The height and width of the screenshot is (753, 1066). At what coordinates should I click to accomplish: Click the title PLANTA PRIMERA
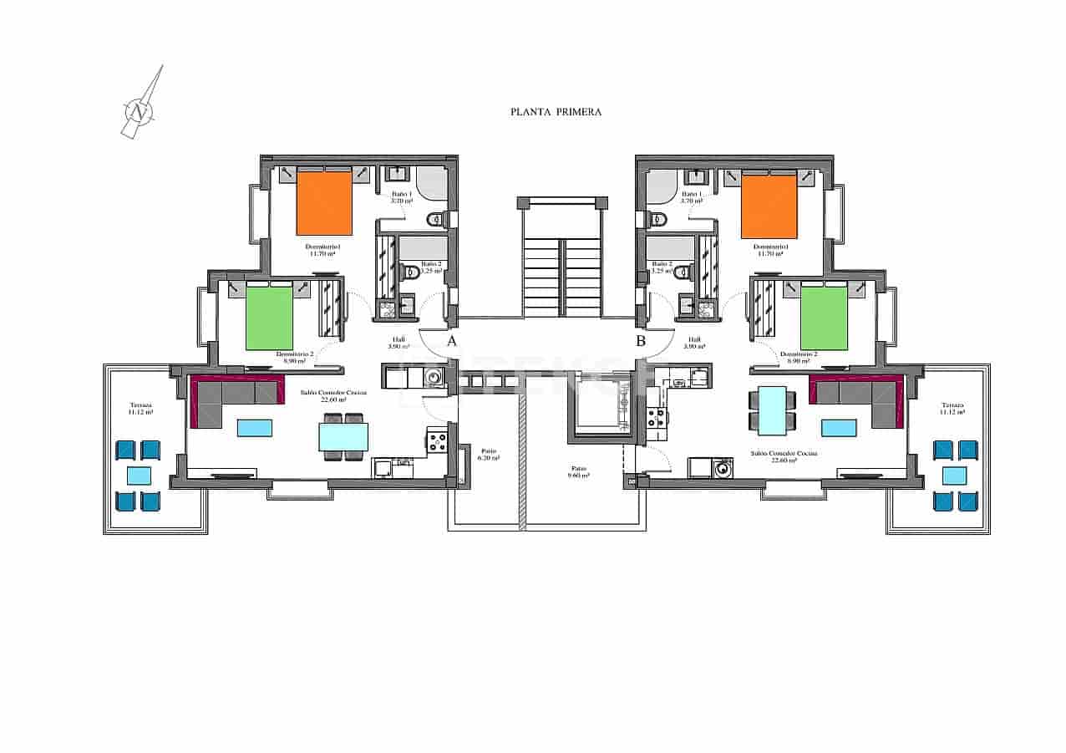tap(556, 111)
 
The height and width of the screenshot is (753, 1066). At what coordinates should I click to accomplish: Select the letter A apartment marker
tap(451, 341)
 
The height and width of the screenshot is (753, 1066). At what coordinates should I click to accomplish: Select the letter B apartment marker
tap(641, 341)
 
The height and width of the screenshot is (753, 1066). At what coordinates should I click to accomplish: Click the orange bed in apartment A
tap(324, 203)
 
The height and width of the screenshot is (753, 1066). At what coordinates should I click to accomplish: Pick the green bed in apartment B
tap(823, 318)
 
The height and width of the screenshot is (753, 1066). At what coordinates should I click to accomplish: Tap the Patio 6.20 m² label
tap(489, 454)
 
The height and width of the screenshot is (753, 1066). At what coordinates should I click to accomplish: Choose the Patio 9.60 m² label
tap(580, 471)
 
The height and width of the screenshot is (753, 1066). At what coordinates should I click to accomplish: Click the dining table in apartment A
tap(343, 435)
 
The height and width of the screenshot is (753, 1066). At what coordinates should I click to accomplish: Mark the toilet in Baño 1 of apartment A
tap(434, 220)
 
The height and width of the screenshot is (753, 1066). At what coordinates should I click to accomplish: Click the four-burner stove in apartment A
tap(437, 440)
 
